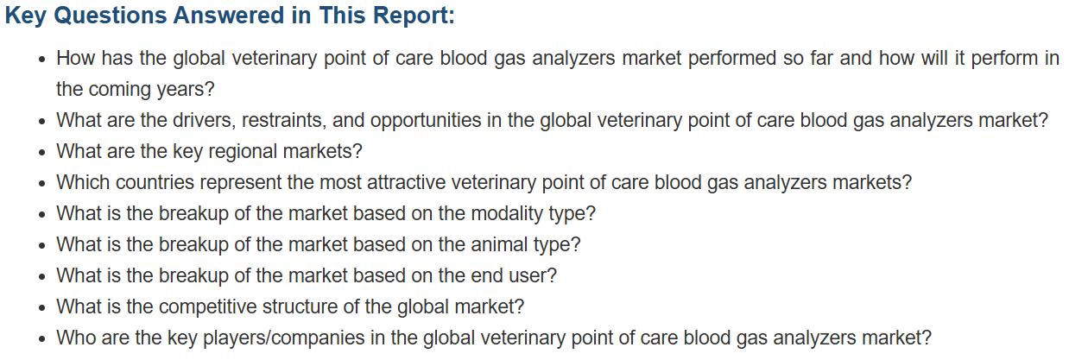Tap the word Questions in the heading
(x=111, y=16)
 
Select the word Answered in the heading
(x=229, y=15)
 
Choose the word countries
(x=155, y=183)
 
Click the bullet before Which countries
(x=42, y=184)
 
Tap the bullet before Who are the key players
(x=42, y=339)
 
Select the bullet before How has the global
(x=42, y=60)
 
